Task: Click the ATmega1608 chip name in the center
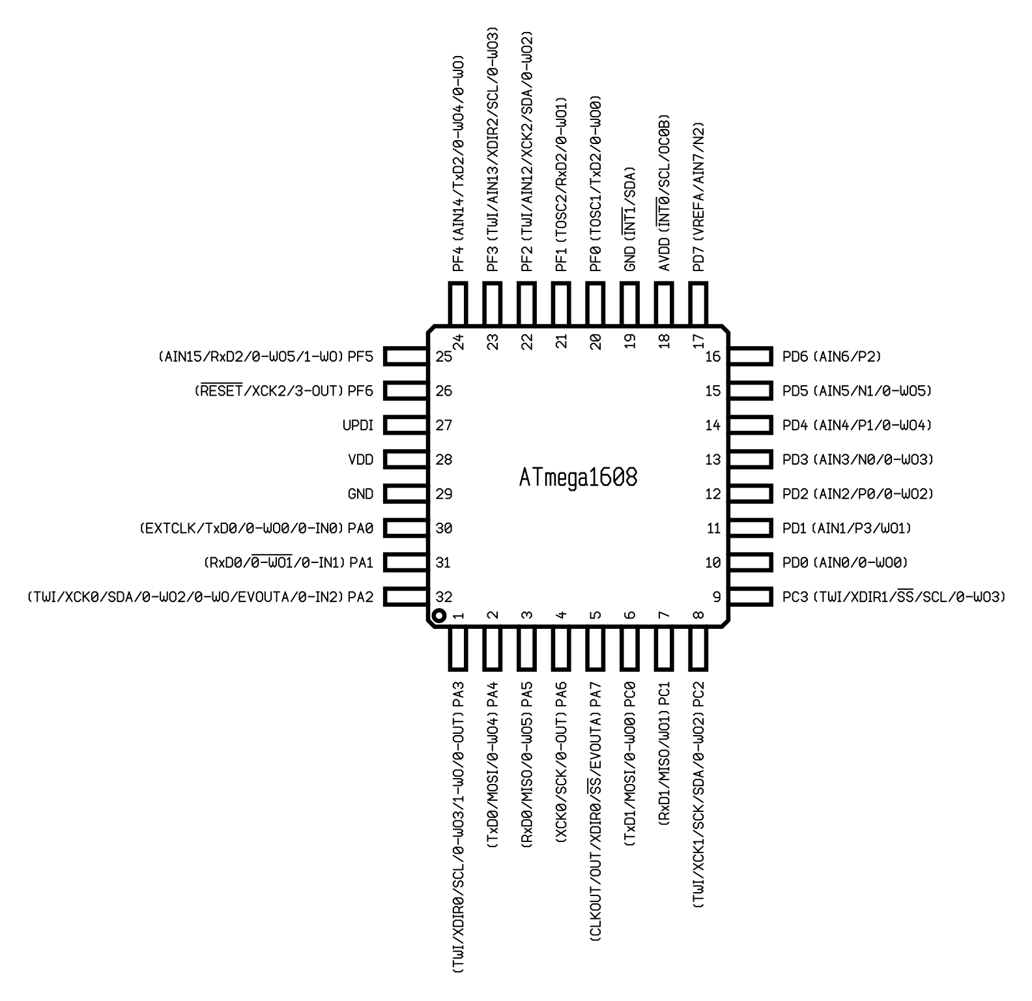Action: tap(578, 477)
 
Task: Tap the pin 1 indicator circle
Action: tap(439, 615)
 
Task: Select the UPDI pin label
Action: tap(358, 426)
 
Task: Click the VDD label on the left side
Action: tap(361, 460)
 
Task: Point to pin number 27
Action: tap(444, 426)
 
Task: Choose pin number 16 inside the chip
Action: tap(713, 356)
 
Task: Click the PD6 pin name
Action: tap(795, 356)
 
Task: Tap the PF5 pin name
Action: tap(361, 356)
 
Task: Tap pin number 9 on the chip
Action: tap(717, 596)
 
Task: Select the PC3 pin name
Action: tap(795, 596)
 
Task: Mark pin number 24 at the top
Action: tap(458, 341)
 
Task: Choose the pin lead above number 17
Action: tap(698, 304)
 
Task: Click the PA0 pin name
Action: tap(361, 528)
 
